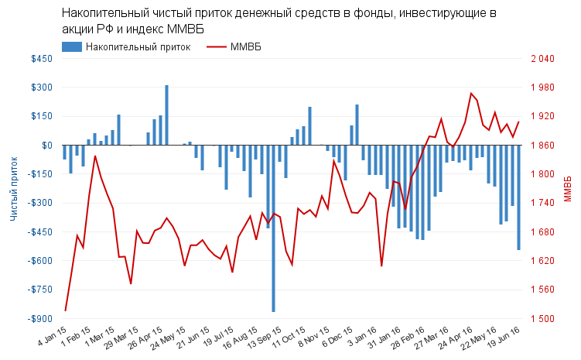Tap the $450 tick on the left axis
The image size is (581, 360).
(x=41, y=59)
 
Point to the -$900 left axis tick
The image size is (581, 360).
(x=39, y=319)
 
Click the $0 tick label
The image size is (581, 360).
(x=46, y=146)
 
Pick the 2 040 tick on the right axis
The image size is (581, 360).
(x=543, y=59)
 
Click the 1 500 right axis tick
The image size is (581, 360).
(x=543, y=319)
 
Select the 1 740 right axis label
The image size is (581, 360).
(x=543, y=203)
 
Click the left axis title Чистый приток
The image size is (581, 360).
(x=14, y=189)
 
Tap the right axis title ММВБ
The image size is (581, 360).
(x=569, y=189)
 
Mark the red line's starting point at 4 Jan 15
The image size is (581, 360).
(x=65, y=311)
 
